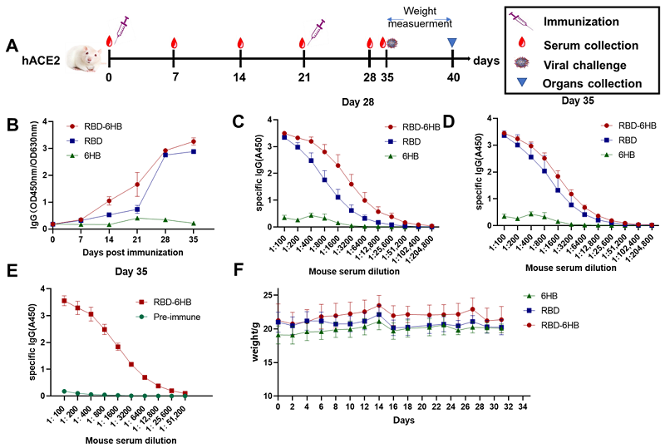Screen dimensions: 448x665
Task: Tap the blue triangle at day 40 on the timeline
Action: pyautogui.click(x=452, y=43)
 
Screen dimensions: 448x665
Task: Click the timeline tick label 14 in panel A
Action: pyautogui.click(x=239, y=77)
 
